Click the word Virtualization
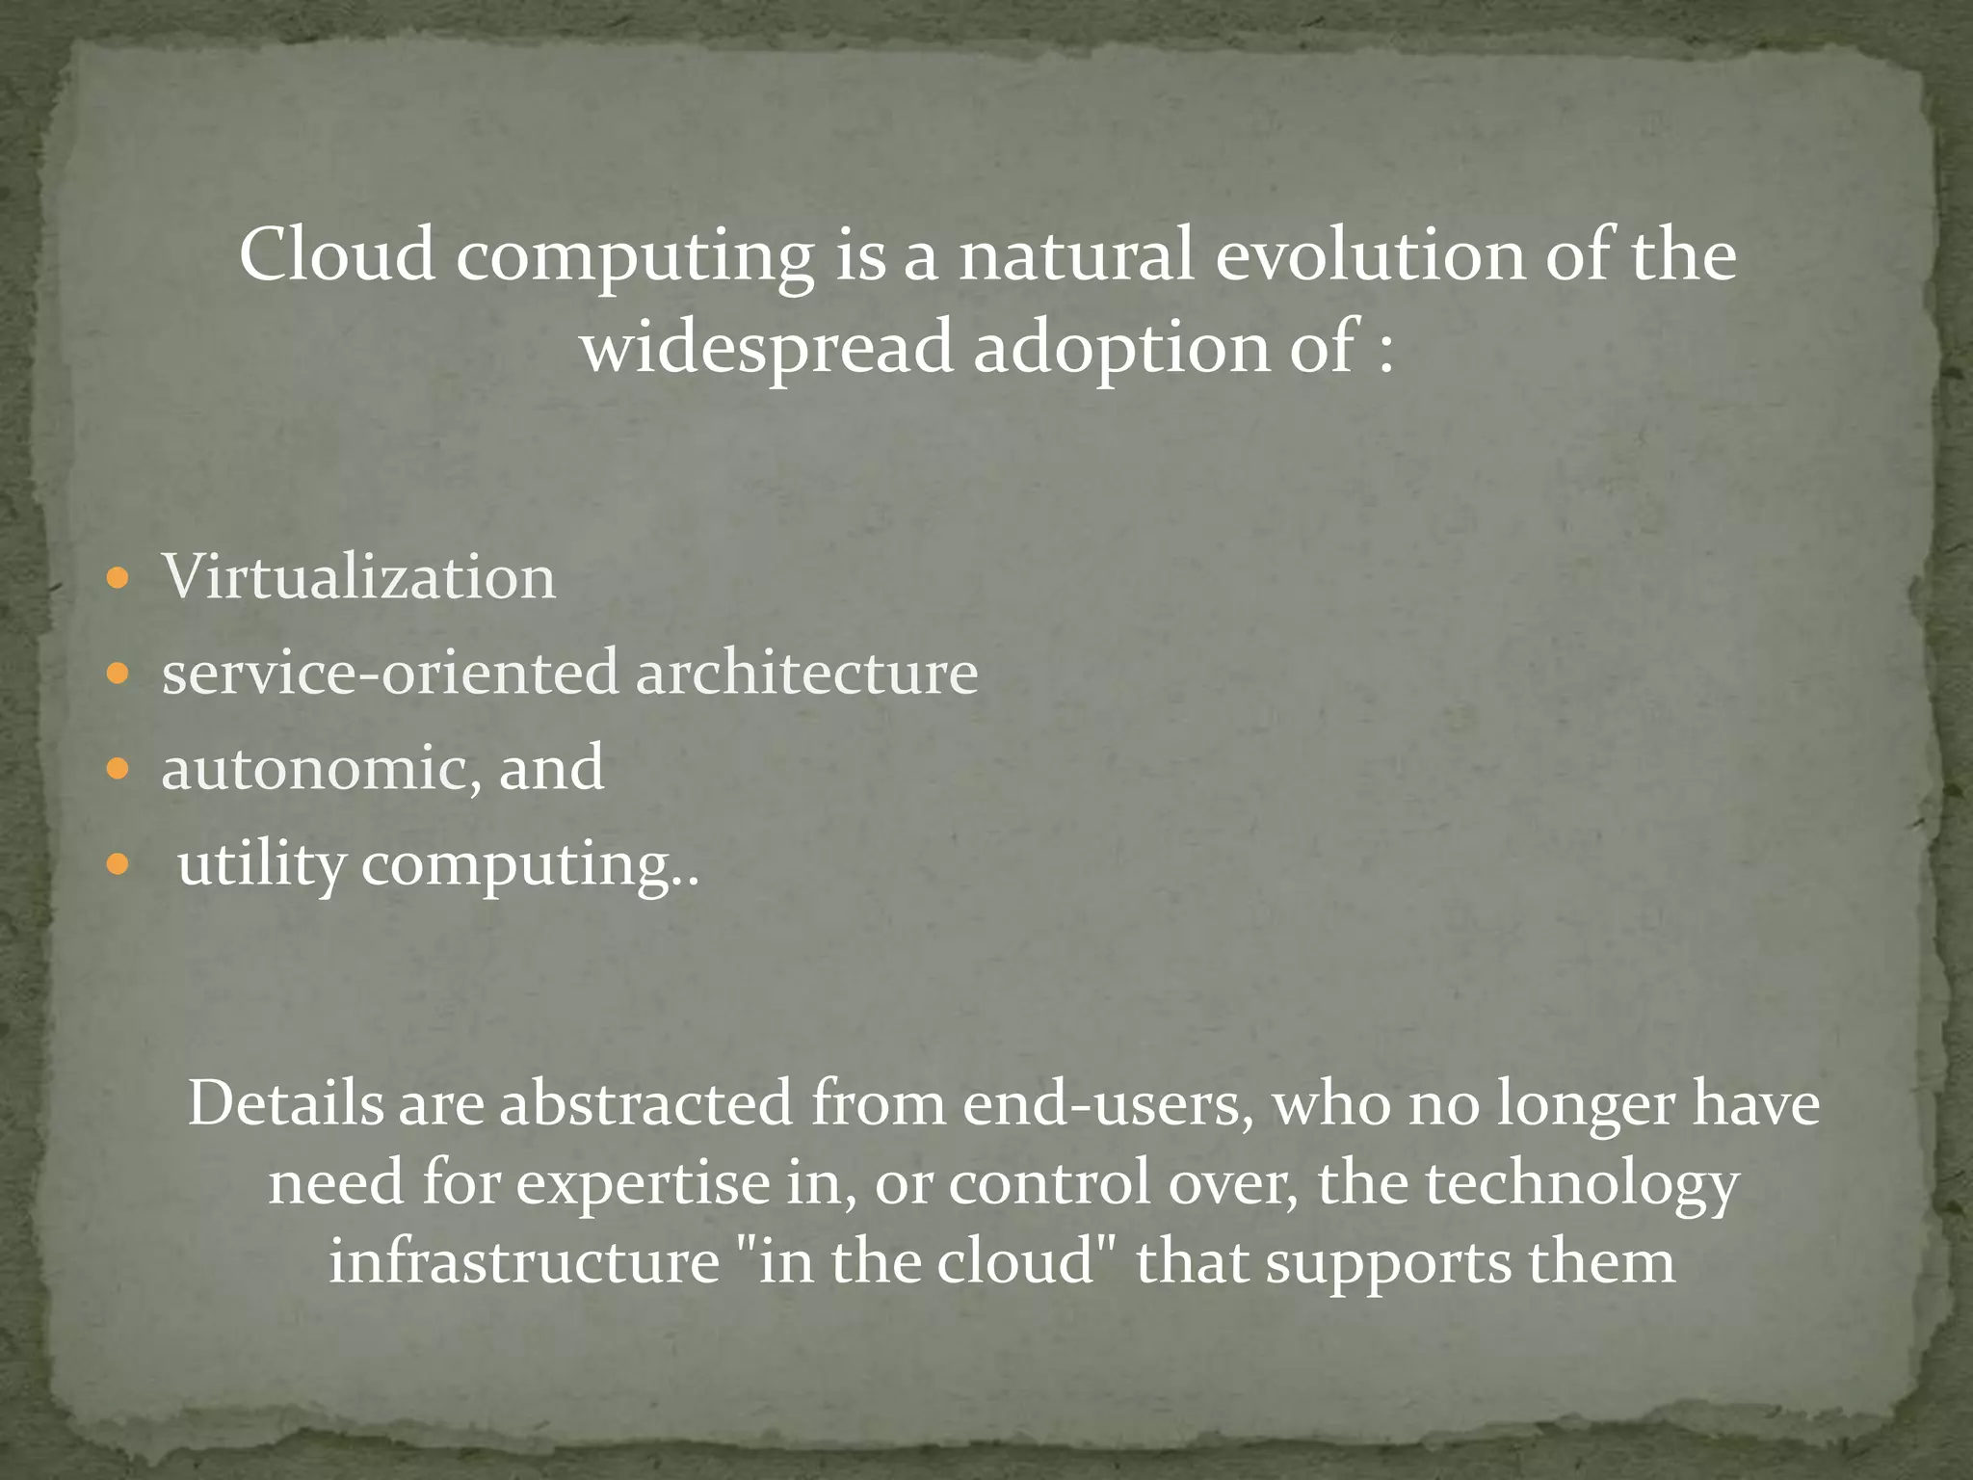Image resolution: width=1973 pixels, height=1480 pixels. pyautogui.click(x=358, y=577)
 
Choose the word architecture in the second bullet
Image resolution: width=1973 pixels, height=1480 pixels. pyautogui.click(x=806, y=672)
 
